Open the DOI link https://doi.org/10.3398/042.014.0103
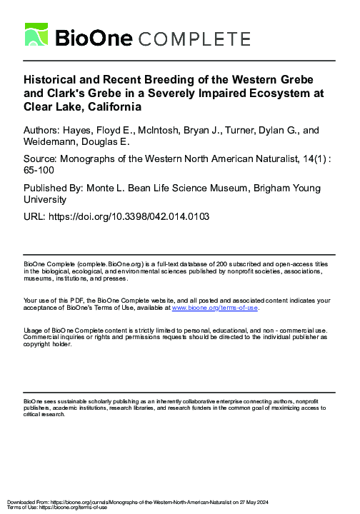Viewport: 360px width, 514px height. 132,216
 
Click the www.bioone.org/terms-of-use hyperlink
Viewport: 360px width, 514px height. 220,308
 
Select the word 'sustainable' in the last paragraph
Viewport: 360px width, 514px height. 65,402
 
